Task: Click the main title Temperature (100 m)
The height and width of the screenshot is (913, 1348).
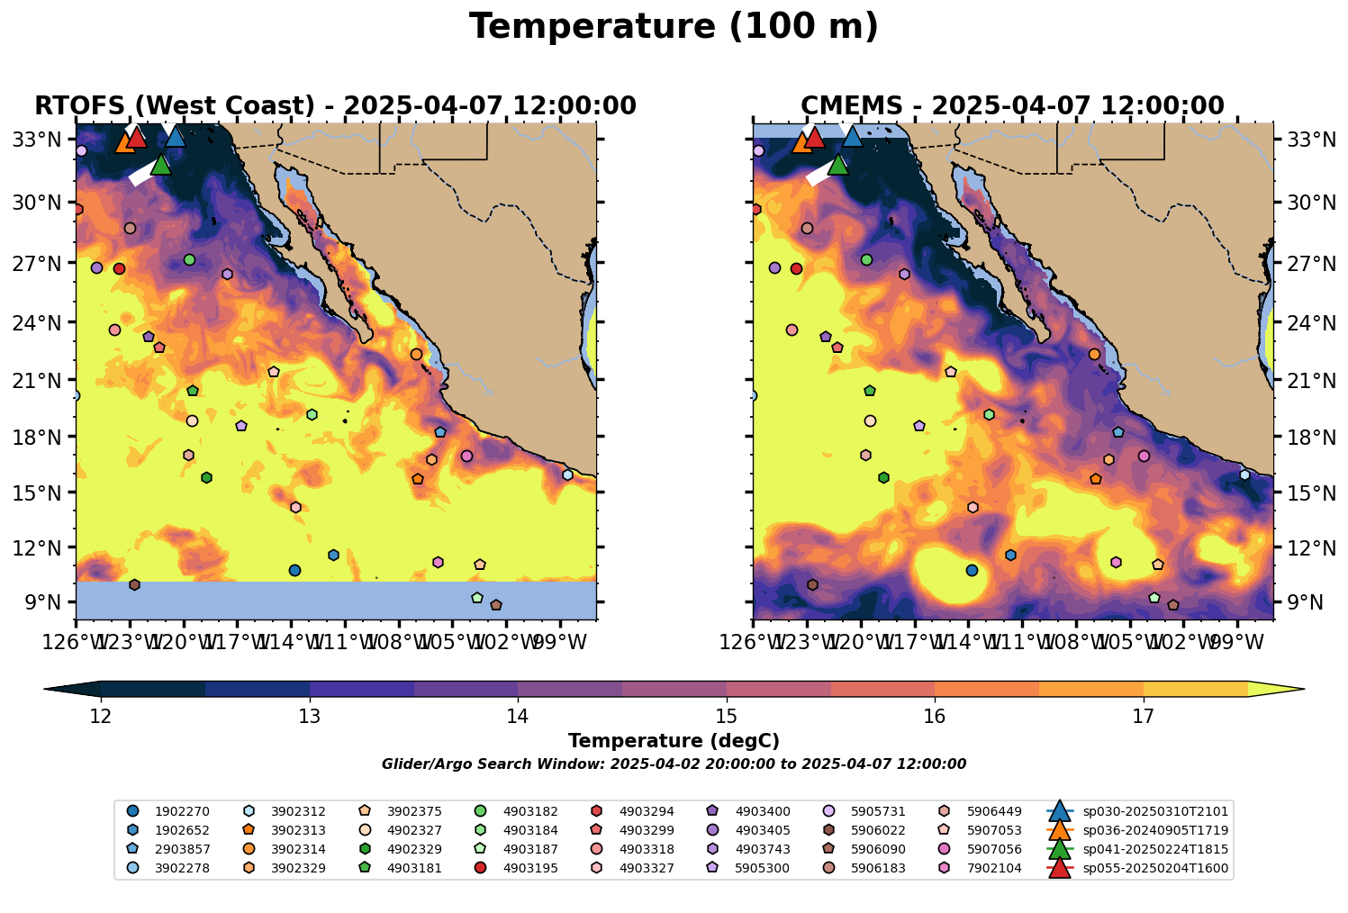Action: [x=674, y=27]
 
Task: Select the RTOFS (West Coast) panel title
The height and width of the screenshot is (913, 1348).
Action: [x=335, y=106]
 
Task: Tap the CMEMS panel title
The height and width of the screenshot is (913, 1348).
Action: [x=1012, y=106]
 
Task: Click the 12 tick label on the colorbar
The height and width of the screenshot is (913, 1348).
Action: [x=101, y=717]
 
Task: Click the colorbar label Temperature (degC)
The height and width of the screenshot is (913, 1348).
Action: [x=674, y=741]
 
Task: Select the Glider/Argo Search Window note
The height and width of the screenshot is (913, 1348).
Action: [x=674, y=764]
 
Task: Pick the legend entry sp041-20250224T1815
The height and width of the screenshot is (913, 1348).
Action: [x=1155, y=849]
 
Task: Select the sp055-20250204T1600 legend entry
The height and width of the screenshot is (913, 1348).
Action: [x=1155, y=868]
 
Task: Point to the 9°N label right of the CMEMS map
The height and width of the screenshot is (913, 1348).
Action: [x=1299, y=602]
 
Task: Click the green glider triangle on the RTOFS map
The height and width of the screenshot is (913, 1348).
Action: [x=161, y=165]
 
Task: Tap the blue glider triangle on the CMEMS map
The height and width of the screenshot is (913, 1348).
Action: [x=852, y=137]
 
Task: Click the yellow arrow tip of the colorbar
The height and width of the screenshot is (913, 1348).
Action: [x=1297, y=690]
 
